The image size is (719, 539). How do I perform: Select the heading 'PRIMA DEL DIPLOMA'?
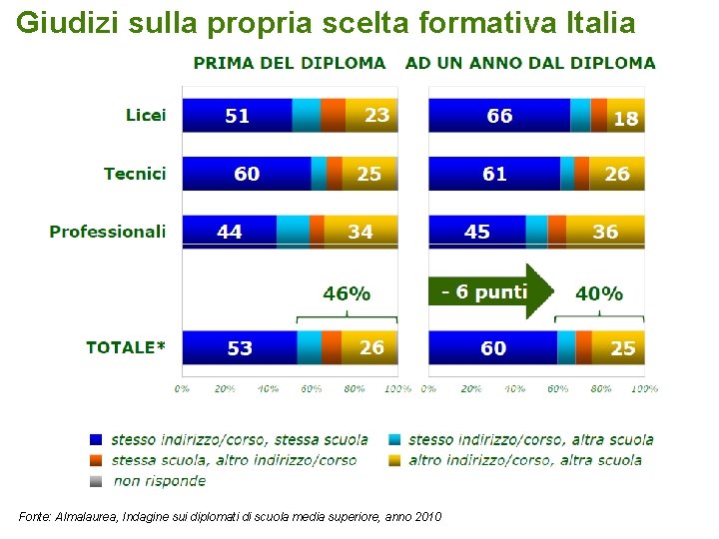click(290, 63)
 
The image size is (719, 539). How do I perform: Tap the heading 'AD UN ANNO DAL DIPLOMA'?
click(530, 63)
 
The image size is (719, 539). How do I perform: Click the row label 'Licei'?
click(146, 116)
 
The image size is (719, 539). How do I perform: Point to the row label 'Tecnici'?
click(135, 174)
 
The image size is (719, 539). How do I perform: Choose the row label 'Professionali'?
click(108, 232)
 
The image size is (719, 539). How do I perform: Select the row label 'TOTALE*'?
click(126, 347)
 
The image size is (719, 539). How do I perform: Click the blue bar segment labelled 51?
click(238, 116)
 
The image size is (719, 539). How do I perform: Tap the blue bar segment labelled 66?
click(499, 116)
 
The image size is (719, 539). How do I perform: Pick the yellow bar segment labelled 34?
click(360, 232)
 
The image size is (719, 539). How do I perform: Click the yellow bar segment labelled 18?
click(626, 117)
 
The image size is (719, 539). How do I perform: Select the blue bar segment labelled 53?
click(240, 347)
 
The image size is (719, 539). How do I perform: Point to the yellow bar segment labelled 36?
click(605, 232)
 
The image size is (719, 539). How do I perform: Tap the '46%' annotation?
click(347, 293)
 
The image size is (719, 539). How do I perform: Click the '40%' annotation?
click(599, 293)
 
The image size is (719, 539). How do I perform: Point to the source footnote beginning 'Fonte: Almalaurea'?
click(230, 516)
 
